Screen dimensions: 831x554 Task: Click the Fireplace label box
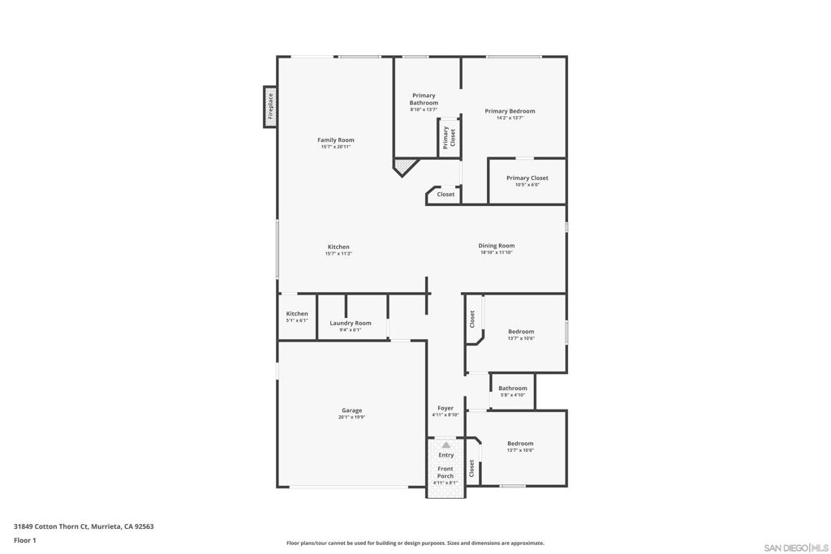point(270,107)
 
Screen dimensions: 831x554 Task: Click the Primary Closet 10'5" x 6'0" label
point(527,181)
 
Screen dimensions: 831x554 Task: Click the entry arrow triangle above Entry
point(446,444)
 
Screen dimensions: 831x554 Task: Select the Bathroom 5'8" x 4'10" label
point(513,391)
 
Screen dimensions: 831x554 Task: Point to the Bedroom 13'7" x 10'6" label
point(521,334)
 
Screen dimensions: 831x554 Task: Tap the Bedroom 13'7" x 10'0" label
point(520,446)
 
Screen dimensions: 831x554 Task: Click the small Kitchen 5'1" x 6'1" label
point(297,316)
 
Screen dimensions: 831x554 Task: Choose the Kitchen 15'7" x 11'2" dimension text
point(338,254)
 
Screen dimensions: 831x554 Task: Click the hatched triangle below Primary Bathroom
point(405,165)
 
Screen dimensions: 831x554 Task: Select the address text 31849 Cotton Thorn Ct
point(51,526)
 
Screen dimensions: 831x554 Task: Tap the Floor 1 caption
point(25,540)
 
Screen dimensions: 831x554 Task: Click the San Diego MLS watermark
point(795,548)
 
